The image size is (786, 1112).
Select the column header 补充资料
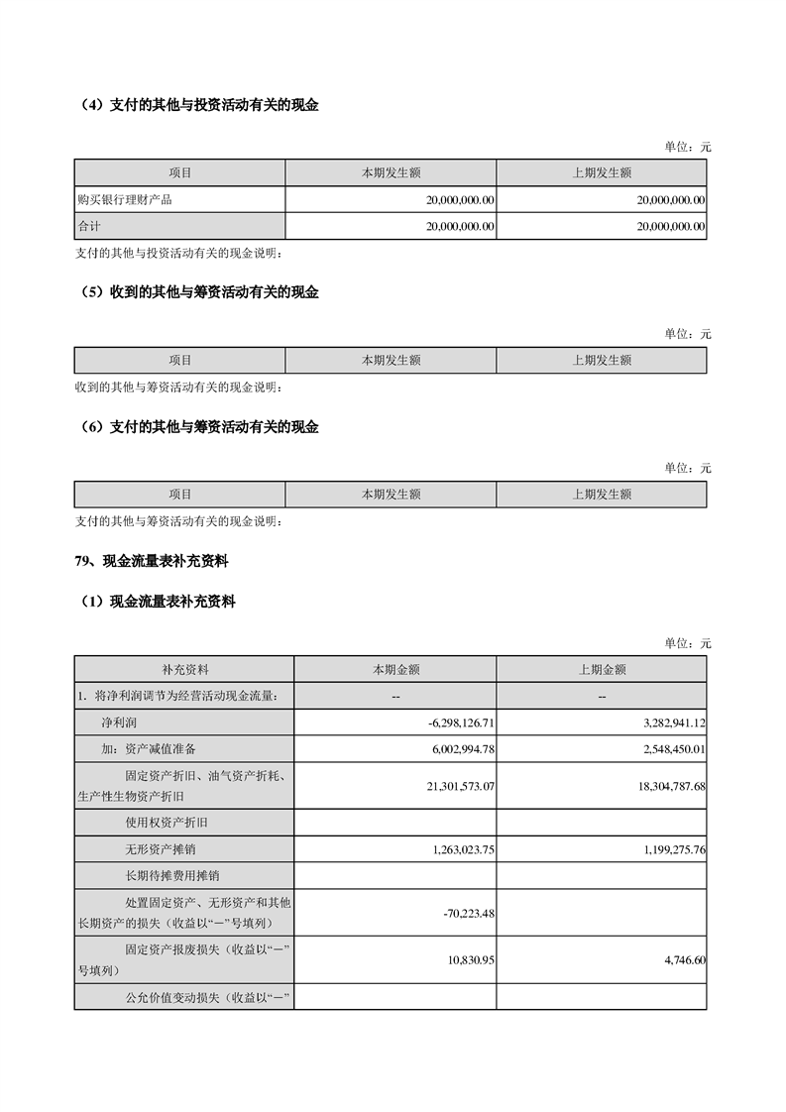pyautogui.click(x=185, y=670)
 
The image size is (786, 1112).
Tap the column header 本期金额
pyautogui.click(x=395, y=670)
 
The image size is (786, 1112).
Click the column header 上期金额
pyautogui.click(x=602, y=670)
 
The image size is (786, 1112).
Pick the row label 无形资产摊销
pyautogui.click(x=155, y=849)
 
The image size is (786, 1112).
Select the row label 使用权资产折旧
pyautogui.click(x=161, y=823)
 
